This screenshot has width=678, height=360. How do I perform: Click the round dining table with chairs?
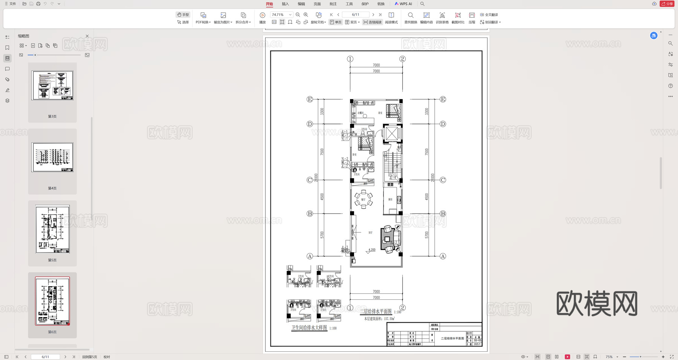coord(363,200)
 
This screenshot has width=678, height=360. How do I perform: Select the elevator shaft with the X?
coord(392,133)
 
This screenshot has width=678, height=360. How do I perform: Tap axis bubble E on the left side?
coord(310,99)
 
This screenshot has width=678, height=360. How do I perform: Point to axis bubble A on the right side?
coord(443,256)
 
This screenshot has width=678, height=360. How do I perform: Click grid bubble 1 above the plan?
coord(350,59)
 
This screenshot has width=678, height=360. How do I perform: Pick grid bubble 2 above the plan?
coord(402,59)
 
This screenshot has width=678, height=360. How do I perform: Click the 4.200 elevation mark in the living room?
coord(371,250)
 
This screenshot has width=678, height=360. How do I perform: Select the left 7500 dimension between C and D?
coord(322,152)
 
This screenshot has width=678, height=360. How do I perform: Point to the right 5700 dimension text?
coord(427,235)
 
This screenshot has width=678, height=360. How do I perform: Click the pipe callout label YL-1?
coord(344,139)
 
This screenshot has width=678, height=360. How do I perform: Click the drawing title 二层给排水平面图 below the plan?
coord(376,311)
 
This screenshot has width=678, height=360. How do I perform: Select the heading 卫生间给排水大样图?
coord(309,328)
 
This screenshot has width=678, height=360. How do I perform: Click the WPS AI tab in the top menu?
coord(403,4)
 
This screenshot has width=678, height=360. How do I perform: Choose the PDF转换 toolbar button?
coord(203,18)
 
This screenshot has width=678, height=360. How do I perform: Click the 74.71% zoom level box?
coord(281,15)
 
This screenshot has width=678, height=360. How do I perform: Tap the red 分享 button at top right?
coord(667,4)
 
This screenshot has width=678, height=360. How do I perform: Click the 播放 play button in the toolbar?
coord(263,18)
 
